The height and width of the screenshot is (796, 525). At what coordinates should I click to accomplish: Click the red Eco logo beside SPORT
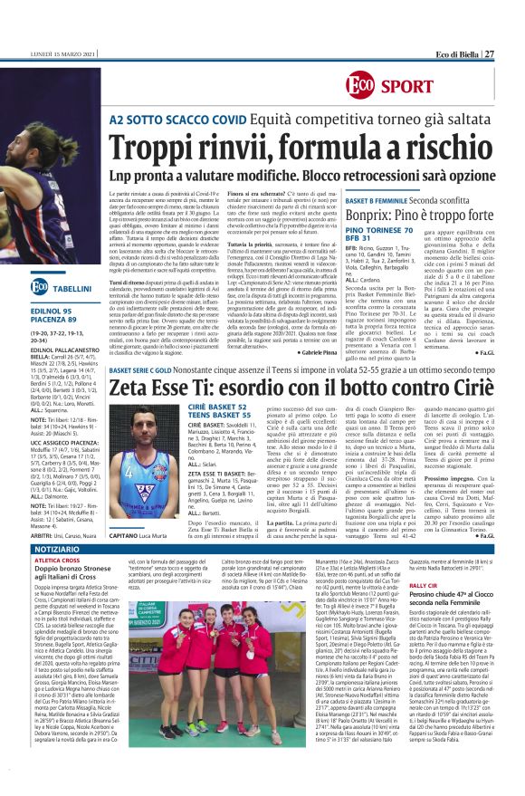tap(359, 87)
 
